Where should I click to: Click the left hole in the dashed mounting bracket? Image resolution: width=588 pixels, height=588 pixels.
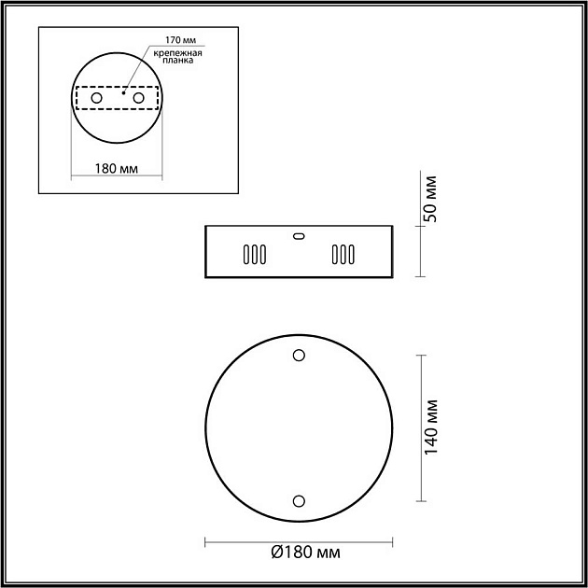click(x=95, y=98)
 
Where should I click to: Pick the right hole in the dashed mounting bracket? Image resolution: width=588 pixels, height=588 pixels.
click(x=138, y=98)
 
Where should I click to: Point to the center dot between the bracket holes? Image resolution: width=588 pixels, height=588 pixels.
click(x=122, y=92)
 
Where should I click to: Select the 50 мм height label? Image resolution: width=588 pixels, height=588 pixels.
click(x=430, y=199)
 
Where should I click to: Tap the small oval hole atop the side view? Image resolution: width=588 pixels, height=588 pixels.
click(x=299, y=236)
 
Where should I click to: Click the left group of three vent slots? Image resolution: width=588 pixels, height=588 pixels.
click(x=255, y=255)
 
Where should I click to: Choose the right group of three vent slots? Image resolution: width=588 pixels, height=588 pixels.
click(x=343, y=255)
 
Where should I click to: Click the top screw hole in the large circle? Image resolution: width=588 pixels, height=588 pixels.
click(x=299, y=355)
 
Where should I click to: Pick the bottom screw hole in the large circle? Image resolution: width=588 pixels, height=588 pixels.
click(x=299, y=501)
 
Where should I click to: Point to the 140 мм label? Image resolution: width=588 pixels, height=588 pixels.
click(x=430, y=427)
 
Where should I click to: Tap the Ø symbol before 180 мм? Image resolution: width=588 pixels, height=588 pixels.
click(x=277, y=553)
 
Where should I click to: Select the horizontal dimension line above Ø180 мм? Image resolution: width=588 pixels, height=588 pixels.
click(x=299, y=539)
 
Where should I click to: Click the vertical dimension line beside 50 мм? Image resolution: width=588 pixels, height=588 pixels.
click(x=420, y=250)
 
